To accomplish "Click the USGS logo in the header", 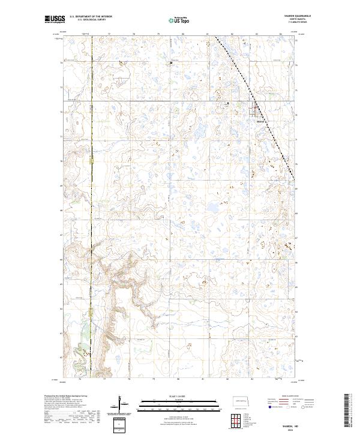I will click(55, 19).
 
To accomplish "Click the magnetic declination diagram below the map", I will click(126, 410).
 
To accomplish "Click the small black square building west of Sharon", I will click(227, 104).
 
